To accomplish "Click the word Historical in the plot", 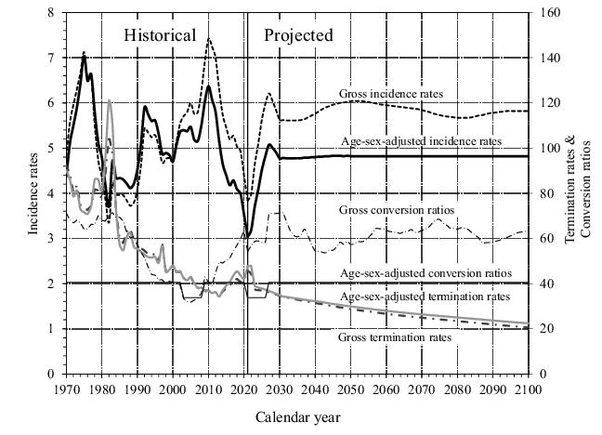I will [161, 36].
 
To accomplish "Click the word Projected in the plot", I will [298, 36].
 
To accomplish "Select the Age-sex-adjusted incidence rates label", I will [421, 141].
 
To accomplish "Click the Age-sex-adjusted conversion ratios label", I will [426, 273].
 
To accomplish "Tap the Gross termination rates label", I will [395, 337].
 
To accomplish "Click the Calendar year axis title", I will [298, 417].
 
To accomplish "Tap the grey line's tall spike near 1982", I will [110, 100].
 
